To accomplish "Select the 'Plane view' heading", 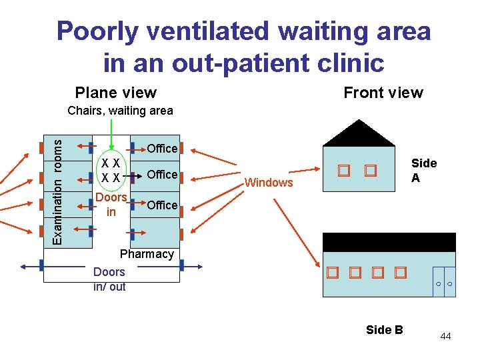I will coord(116,93).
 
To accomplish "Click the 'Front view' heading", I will coord(383,93).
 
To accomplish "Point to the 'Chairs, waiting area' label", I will coord(120,111).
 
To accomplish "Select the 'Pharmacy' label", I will coord(146,254).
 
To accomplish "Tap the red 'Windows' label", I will coord(269,183).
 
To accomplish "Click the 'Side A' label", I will coord(424,170).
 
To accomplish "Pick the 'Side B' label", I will coord(385,329).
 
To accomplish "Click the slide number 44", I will coord(445,336).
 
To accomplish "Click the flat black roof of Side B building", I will coord(389,242).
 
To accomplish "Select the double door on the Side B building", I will coord(443,282).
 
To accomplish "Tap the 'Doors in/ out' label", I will coord(109,279).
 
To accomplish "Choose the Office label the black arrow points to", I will coord(162,175).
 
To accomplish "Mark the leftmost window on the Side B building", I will coord(333,273).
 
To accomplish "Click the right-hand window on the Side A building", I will coord(371,171).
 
